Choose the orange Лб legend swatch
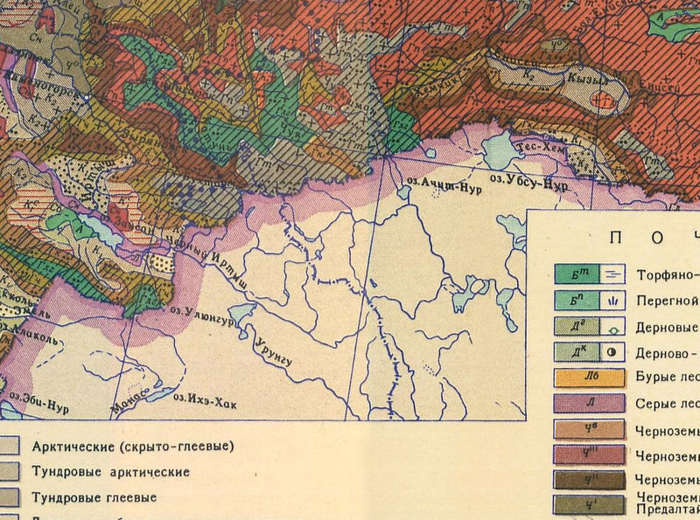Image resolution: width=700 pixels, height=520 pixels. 588,378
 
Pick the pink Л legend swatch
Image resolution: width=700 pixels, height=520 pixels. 588,404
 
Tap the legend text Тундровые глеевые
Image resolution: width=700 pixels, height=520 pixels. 94,497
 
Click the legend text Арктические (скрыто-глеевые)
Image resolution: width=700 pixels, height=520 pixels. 132,447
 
